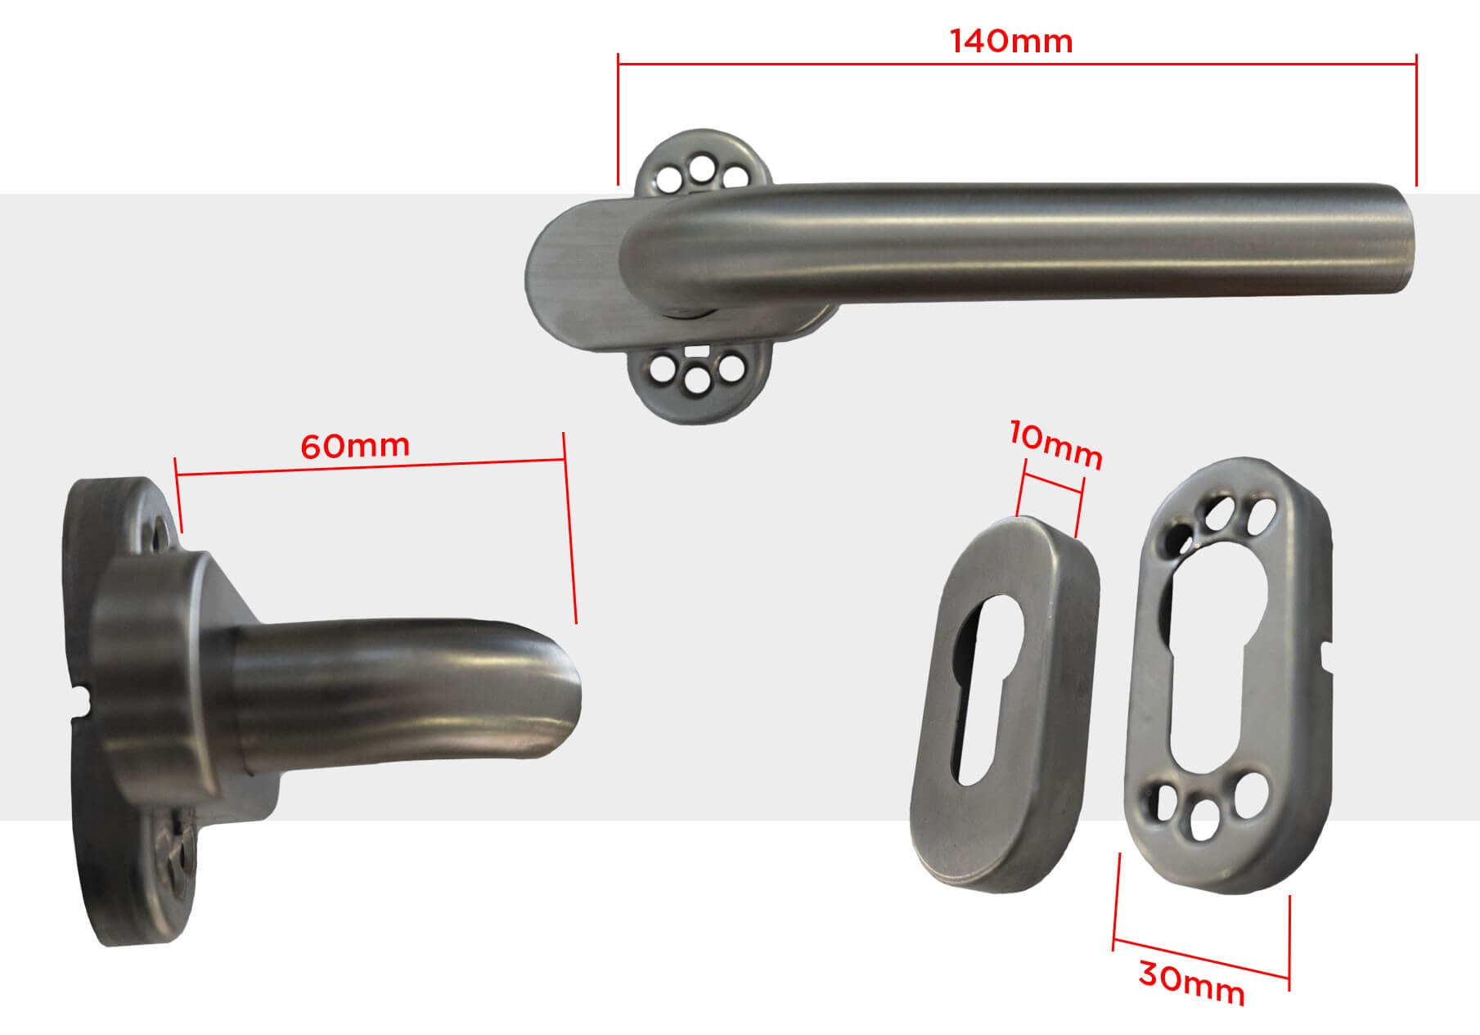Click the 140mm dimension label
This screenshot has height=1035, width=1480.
coord(1011,41)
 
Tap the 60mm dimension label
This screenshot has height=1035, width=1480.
coord(355,446)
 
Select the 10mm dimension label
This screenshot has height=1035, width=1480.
coord(1055,446)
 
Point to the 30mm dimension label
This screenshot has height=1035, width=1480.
coord(1191,983)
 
